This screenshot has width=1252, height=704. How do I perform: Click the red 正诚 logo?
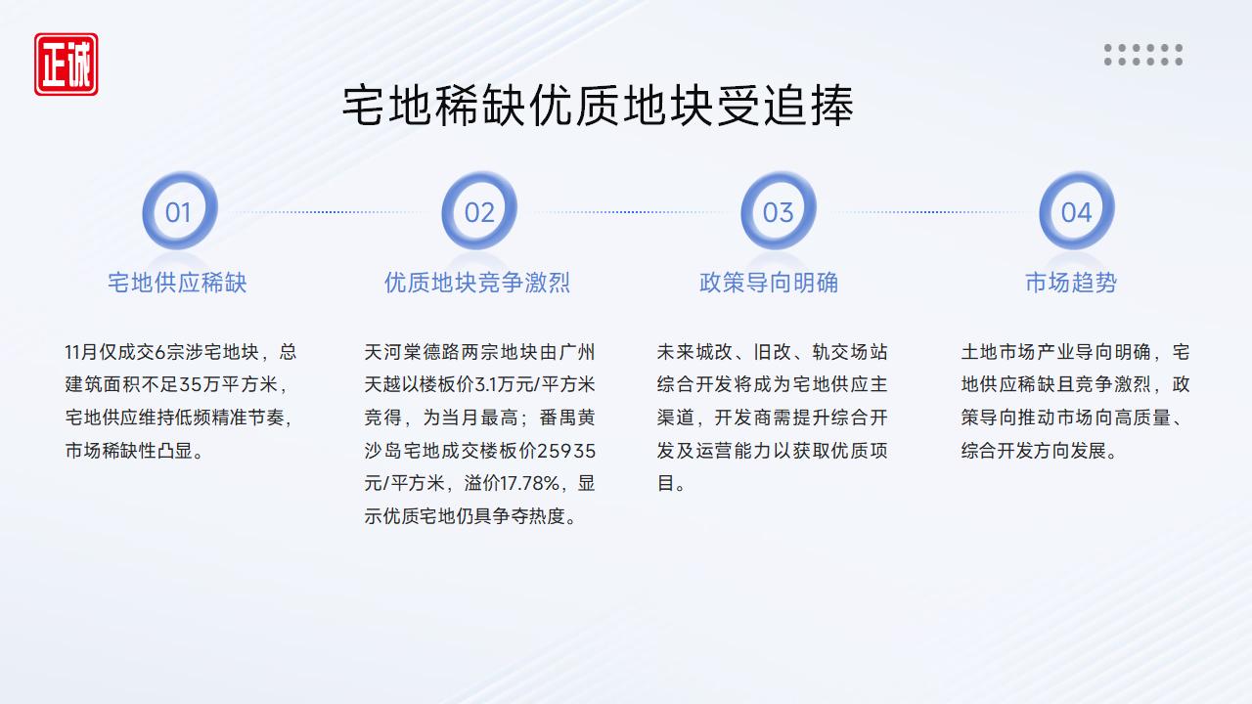66,65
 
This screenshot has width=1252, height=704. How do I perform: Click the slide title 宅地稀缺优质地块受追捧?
598,107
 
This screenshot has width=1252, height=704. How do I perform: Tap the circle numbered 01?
178,211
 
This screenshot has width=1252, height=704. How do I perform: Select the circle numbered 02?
479,211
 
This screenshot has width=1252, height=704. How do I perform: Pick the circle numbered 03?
778,211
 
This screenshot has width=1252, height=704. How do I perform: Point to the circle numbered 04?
1076,211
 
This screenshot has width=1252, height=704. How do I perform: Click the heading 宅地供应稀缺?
177,283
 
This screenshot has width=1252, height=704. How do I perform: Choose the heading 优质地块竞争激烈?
477,283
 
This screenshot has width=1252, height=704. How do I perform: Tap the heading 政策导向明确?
769,283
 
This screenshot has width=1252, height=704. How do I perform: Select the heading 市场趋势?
1071,283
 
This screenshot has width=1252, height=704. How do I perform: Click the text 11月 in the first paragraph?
81,352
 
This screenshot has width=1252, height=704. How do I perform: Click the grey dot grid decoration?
1143,55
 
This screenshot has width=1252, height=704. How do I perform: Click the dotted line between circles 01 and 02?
329,212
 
